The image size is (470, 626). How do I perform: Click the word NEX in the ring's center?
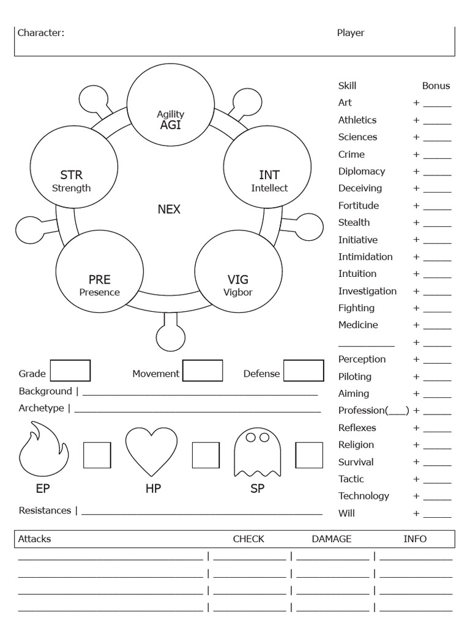point(169,209)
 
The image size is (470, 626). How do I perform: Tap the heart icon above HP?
point(151,452)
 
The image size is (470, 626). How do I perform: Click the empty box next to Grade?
point(70,370)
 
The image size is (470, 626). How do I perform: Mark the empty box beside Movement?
point(203,370)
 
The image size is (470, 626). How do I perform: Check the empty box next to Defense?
point(304,370)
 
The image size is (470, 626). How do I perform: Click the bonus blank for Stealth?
point(437,224)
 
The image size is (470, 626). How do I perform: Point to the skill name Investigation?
point(367,291)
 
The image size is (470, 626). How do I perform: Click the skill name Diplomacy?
point(362,171)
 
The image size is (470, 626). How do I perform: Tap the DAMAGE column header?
point(332,539)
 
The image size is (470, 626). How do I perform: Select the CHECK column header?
point(248,539)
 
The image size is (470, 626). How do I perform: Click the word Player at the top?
point(351,33)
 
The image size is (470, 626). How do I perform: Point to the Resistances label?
point(45,510)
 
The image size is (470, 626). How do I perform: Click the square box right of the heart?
point(206,455)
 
